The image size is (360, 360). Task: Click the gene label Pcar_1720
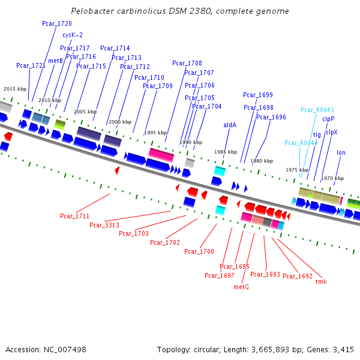pyautogui.click(x=57, y=23)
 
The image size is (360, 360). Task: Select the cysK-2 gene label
pyautogui.click(x=73, y=35)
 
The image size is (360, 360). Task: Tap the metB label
pyautogui.click(x=55, y=61)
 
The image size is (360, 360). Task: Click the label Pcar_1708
pyautogui.click(x=187, y=63)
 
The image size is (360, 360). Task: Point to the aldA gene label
pyautogui.click(x=230, y=125)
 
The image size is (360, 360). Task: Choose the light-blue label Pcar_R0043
pyautogui.click(x=317, y=110)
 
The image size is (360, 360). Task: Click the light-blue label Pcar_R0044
pyautogui.click(x=301, y=143)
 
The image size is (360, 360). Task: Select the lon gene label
pyautogui.click(x=341, y=153)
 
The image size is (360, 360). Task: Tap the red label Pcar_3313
pyautogui.click(x=104, y=225)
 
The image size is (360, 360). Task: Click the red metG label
pyautogui.click(x=241, y=287)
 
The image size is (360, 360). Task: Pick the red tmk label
pyautogui.click(x=321, y=281)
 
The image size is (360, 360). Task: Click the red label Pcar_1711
pyautogui.click(x=75, y=216)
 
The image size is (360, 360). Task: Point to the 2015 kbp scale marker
pyautogui.click(x=15, y=89)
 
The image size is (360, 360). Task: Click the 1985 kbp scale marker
pyautogui.click(x=226, y=152)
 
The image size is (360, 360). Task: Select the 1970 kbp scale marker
pyautogui.click(x=332, y=178)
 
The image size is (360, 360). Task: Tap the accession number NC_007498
pyautogui.click(x=66, y=349)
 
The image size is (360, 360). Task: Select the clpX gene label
pyautogui.click(x=331, y=132)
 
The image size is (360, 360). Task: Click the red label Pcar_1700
pyautogui.click(x=199, y=251)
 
